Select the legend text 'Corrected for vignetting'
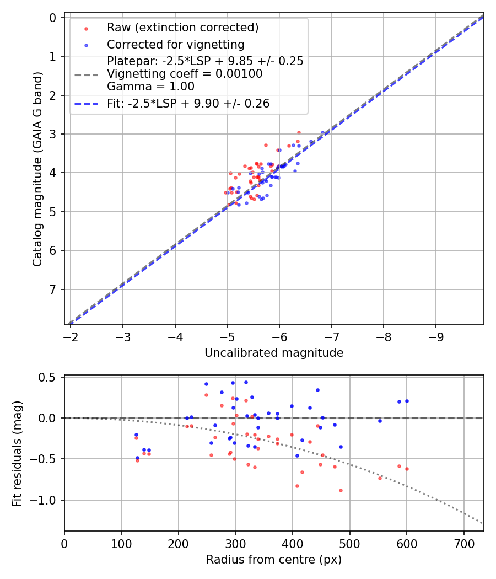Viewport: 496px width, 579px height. pyautogui.click(x=175, y=44)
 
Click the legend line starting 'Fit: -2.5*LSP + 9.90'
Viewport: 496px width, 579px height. pyautogui.click(x=188, y=103)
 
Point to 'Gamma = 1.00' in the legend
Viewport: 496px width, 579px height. pyautogui.click(x=150, y=86)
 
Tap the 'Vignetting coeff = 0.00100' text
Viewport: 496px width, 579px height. pyautogui.click(x=185, y=74)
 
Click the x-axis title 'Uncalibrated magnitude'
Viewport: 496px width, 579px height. pyautogui.click(x=274, y=353)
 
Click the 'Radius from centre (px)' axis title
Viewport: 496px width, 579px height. pyautogui.click(x=274, y=560)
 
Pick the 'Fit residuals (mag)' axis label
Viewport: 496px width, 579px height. pyautogui.click(x=17, y=453)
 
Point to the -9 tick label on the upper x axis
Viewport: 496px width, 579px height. pyautogui.click(x=436, y=336)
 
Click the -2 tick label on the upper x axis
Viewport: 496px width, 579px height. pyautogui.click(x=71, y=336)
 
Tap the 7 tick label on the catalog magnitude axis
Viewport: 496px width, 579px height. pyautogui.click(x=53, y=289)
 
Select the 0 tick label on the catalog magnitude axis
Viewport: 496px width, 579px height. pyautogui.click(x=53, y=18)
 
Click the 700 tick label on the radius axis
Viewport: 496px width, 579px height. pyautogui.click(x=463, y=543)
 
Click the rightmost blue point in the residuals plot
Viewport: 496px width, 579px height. pyautogui.click(x=407, y=401)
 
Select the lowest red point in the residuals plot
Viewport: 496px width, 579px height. pyautogui.click(x=341, y=490)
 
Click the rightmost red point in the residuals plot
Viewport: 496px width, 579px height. pyautogui.click(x=407, y=469)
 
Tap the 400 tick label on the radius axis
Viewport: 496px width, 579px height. pyautogui.click(x=293, y=543)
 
